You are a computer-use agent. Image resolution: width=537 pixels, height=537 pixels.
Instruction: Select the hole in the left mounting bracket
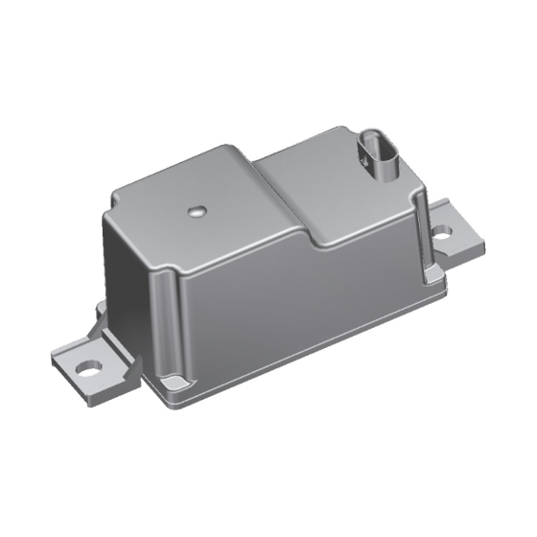tap(86, 365)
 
